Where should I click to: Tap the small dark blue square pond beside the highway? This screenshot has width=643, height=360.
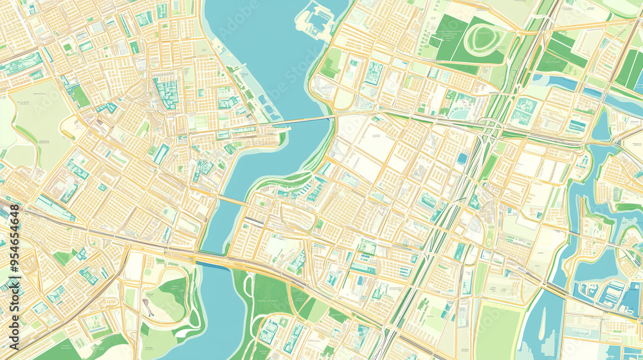tap(462, 158)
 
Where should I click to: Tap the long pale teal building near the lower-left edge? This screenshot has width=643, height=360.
tap(55, 209)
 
